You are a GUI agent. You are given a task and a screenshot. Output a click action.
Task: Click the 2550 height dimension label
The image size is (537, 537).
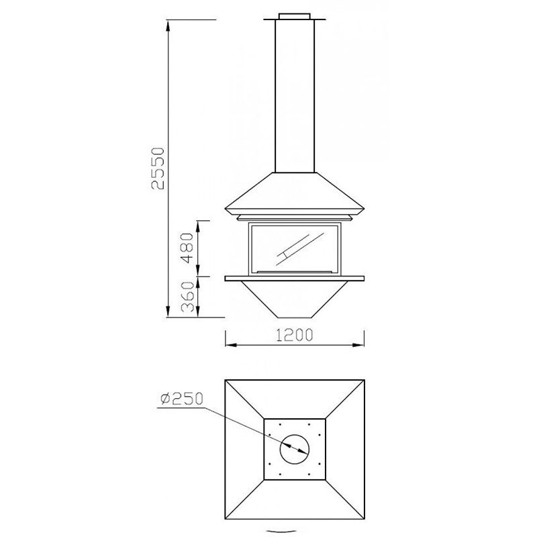[x=158, y=168]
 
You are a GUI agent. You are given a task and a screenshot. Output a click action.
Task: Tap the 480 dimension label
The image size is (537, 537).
[x=187, y=248]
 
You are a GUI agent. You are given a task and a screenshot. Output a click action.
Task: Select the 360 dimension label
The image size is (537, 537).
[x=187, y=297]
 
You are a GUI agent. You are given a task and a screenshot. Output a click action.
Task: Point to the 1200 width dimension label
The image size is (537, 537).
[x=295, y=335]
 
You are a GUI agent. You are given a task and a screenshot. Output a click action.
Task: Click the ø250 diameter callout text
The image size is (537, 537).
[x=182, y=399]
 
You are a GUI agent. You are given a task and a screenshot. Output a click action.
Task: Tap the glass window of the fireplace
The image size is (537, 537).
[x=295, y=248]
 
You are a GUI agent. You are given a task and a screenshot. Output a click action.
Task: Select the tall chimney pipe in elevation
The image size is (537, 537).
[x=295, y=96]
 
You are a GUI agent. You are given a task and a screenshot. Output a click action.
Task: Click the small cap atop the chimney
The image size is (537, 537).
[x=295, y=16]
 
